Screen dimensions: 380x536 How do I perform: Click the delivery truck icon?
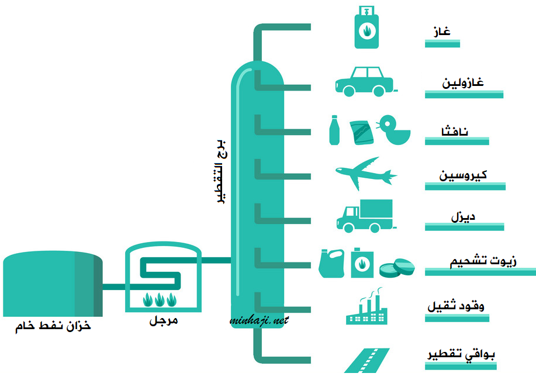click(x=365, y=216)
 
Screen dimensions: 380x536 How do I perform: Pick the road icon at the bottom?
click(x=366, y=361)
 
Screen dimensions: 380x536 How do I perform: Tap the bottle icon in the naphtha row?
click(x=334, y=130)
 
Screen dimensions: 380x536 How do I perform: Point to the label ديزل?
click(x=463, y=217)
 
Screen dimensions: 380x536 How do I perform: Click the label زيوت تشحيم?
click(x=483, y=261)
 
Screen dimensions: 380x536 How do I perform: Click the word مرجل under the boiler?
click(x=163, y=321)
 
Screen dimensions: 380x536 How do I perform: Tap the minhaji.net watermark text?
click(x=259, y=320)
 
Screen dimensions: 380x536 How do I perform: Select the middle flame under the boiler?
click(x=160, y=299)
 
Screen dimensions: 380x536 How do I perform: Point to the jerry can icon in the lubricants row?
click(x=331, y=263)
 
